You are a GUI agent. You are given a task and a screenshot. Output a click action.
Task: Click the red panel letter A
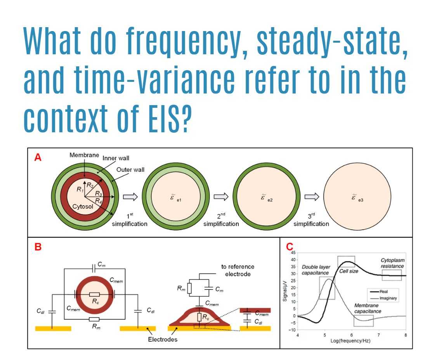[x=38, y=157]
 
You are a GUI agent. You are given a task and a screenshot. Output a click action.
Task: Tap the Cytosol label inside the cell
[x=83, y=206]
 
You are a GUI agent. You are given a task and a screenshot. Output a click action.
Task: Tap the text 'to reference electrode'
[x=238, y=270]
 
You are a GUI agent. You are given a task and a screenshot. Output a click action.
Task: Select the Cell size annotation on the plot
[x=348, y=271]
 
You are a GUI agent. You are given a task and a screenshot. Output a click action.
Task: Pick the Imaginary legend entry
[x=386, y=298]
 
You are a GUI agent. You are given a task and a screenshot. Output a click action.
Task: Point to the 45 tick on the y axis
[x=293, y=253]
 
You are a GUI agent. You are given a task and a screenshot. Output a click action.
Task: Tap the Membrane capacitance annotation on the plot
[x=368, y=308]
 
